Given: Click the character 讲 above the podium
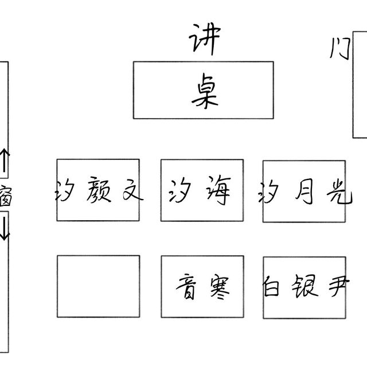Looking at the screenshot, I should pyautogui.click(x=204, y=41).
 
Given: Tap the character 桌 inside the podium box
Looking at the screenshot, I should pyautogui.click(x=205, y=92).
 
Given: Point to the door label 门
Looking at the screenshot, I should pyautogui.click(x=339, y=50).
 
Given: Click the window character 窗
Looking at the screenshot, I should pyautogui.click(x=5, y=194).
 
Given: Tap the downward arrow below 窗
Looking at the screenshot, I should pyautogui.click(x=4, y=227).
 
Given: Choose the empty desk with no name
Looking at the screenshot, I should pyautogui.click(x=98, y=286).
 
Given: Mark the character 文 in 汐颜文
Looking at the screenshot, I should pyautogui.click(x=130, y=191).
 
